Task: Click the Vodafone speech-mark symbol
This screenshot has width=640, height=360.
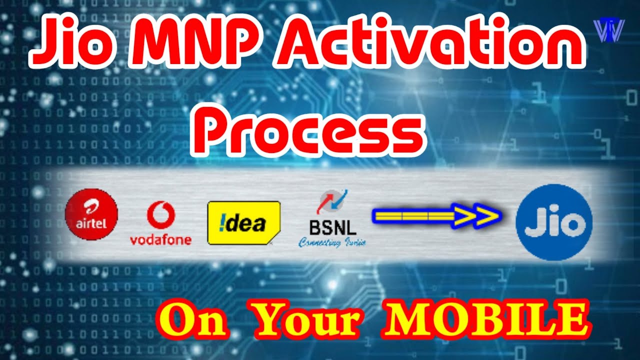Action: pyautogui.click(x=160, y=215)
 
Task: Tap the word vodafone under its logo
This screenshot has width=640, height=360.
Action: pyautogui.click(x=160, y=240)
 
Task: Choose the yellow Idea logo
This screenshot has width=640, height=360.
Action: pyautogui.click(x=243, y=223)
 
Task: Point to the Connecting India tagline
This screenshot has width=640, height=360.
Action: pyautogui.click(x=332, y=243)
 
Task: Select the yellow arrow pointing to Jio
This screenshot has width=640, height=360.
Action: pyautogui.click(x=436, y=215)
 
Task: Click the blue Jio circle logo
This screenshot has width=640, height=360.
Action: pyautogui.click(x=554, y=222)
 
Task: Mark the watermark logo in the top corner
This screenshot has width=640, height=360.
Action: pyautogui.click(x=610, y=30)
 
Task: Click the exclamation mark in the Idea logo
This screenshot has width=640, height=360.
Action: pyautogui.click(x=218, y=223)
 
